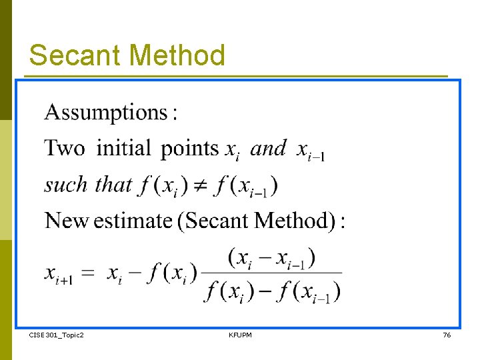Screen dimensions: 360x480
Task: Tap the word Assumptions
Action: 106,112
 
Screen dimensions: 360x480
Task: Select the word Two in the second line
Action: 65,147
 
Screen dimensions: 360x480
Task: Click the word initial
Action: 124,147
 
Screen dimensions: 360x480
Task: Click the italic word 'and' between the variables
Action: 268,148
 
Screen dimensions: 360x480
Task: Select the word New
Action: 67,220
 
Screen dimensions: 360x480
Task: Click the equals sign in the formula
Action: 89,273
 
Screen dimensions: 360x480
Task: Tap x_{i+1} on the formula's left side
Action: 59,273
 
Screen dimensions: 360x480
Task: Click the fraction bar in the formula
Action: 272,273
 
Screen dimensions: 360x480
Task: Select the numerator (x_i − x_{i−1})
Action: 271,257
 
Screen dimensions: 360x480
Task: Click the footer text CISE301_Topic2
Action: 57,335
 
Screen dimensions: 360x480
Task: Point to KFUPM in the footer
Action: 240,335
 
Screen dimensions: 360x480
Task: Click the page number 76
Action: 447,335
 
